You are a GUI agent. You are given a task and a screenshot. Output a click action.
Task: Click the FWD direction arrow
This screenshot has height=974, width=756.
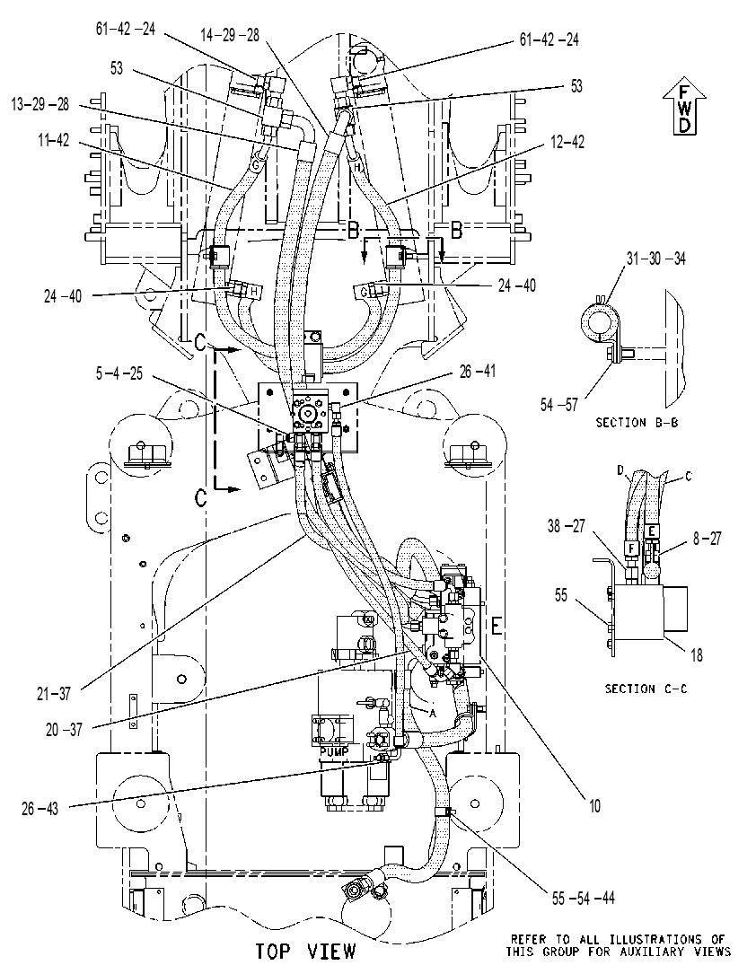tap(684, 108)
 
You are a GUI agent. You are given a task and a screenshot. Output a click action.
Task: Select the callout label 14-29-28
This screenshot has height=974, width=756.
tap(230, 35)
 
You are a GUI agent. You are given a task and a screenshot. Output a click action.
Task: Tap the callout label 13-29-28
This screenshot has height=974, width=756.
tap(40, 104)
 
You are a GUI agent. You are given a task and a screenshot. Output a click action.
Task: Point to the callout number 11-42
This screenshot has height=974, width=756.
tap(54, 141)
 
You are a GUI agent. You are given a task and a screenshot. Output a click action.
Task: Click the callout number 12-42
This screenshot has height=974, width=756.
tap(567, 142)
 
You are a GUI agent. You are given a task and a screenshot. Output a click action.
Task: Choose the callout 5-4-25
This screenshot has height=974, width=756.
tap(119, 373)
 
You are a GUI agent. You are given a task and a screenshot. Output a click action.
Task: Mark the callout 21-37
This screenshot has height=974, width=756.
tap(54, 693)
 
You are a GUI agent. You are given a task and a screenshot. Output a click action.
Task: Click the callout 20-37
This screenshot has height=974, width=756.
tap(64, 729)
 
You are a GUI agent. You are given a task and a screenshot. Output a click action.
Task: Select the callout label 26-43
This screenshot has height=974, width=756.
tap(40, 809)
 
